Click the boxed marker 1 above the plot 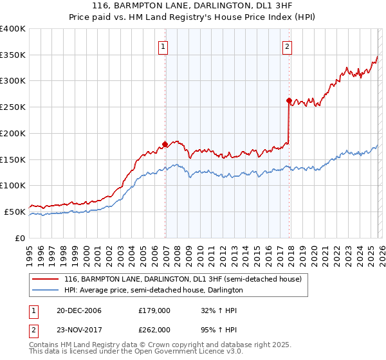[x=163, y=46]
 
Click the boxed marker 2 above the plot [x=287, y=46]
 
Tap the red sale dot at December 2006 [x=165, y=144]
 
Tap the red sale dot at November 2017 [x=289, y=100]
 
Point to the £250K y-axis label [x=12, y=107]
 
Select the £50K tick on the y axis [x=15, y=212]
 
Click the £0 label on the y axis [x=20, y=238]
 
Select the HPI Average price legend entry [x=153, y=291]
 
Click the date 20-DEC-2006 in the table [x=79, y=310]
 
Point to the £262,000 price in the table [x=154, y=329]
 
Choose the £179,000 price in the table [x=154, y=310]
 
